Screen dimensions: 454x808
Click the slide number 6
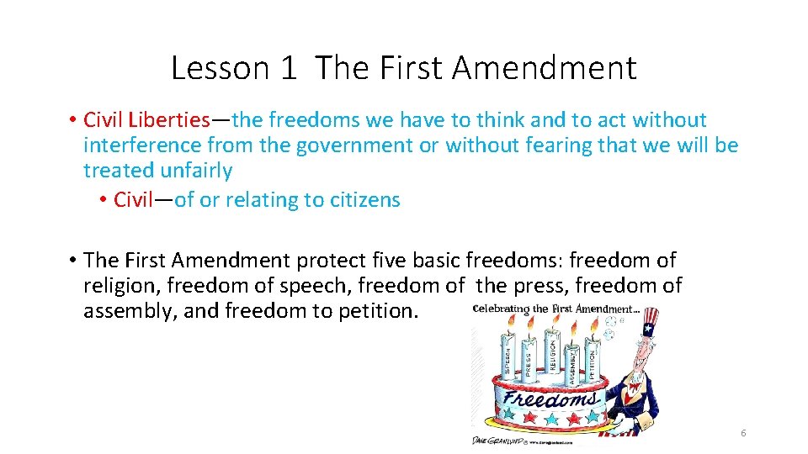(x=743, y=433)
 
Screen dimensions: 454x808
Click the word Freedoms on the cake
(x=551, y=399)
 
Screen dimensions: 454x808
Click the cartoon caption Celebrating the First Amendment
(x=556, y=309)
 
